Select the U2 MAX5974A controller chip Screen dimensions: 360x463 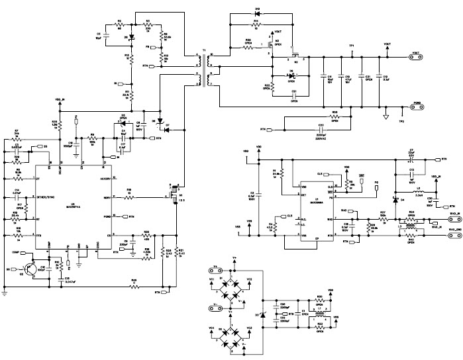tap(73, 202)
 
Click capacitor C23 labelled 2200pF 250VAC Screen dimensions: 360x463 tap(302, 125)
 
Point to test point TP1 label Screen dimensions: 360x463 tap(352, 46)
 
